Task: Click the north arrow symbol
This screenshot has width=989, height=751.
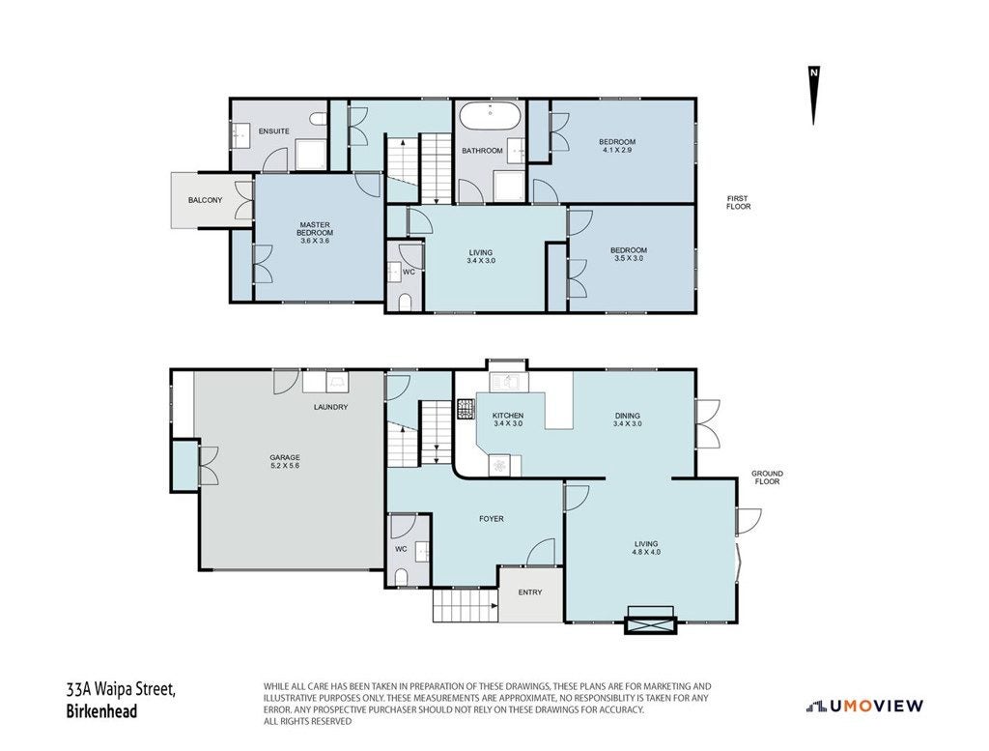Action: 814,96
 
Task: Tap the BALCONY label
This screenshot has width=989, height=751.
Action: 205,200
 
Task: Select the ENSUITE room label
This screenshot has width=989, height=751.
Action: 273,131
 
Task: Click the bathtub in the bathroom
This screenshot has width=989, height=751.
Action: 490,117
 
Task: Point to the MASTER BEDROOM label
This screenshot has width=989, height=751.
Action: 315,228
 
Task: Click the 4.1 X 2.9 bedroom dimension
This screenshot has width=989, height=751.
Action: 617,150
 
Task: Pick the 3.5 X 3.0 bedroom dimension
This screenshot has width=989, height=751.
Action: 629,258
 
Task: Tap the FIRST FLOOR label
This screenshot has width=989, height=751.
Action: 739,203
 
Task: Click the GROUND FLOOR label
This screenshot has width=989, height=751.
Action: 767,477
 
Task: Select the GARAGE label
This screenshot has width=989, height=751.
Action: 285,457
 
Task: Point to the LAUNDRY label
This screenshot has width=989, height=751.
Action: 330,407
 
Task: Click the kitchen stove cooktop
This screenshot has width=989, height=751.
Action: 466,409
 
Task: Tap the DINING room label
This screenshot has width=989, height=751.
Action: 627,416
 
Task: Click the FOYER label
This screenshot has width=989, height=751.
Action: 492,519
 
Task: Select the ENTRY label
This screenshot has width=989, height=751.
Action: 530,592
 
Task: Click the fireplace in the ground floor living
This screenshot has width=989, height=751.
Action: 650,620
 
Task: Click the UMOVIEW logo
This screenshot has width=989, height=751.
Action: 864,707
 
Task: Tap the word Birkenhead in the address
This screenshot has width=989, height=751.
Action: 101,711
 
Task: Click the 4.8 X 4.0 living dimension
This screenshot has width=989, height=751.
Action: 646,552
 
